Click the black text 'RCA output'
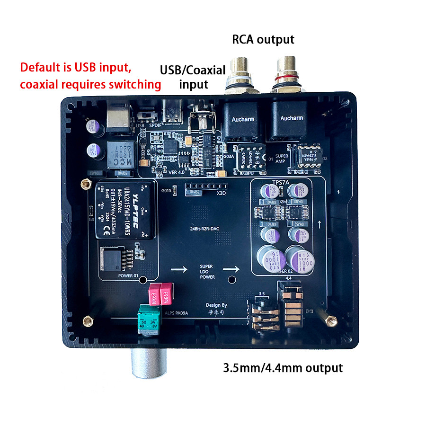[x=263, y=39]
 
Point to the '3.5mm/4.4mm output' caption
[x=282, y=367]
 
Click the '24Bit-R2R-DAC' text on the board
[x=209, y=229]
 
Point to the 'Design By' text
[x=216, y=305]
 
